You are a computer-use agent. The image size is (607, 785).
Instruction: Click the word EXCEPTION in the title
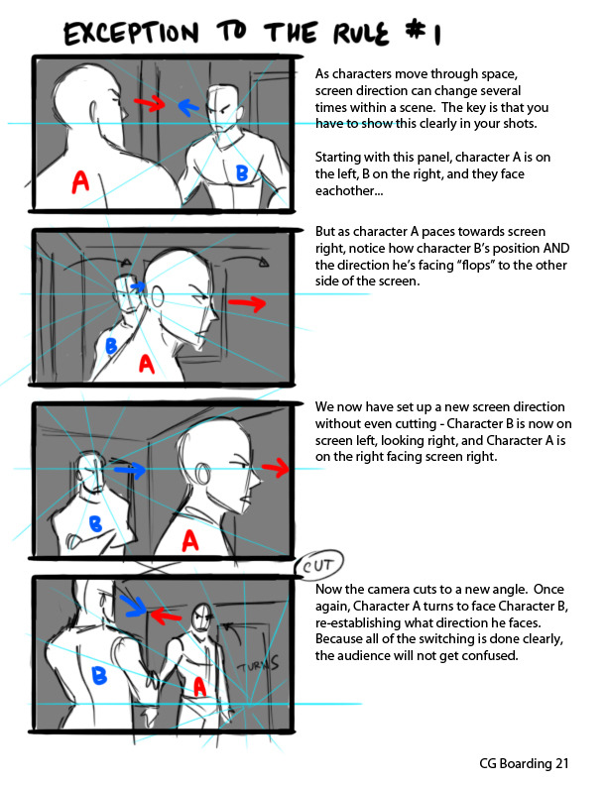(131, 33)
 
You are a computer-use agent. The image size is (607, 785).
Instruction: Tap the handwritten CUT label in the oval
(317, 566)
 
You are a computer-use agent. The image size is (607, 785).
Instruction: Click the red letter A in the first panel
(80, 181)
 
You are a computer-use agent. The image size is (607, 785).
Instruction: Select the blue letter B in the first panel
(242, 173)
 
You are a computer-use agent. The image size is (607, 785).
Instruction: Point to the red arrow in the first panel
(149, 103)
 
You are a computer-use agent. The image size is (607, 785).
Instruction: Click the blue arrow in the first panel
(188, 107)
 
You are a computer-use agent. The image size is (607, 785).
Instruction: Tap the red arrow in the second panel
(247, 303)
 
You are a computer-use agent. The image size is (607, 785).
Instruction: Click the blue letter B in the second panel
(111, 346)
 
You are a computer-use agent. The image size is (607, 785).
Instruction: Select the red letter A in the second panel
(146, 364)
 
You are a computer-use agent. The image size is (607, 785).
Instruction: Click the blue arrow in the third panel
(129, 469)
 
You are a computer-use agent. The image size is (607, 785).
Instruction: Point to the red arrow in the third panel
(276, 468)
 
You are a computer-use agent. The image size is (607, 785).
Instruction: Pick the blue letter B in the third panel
(95, 524)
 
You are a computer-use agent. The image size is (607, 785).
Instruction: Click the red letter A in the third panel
(189, 541)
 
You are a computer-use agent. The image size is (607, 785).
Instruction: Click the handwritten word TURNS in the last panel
(258, 663)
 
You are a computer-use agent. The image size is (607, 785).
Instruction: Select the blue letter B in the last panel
(99, 675)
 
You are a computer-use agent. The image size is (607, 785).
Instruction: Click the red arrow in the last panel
(166, 616)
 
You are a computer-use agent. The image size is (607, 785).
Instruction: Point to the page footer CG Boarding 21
(524, 763)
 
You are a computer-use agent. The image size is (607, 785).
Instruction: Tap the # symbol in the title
(415, 31)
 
